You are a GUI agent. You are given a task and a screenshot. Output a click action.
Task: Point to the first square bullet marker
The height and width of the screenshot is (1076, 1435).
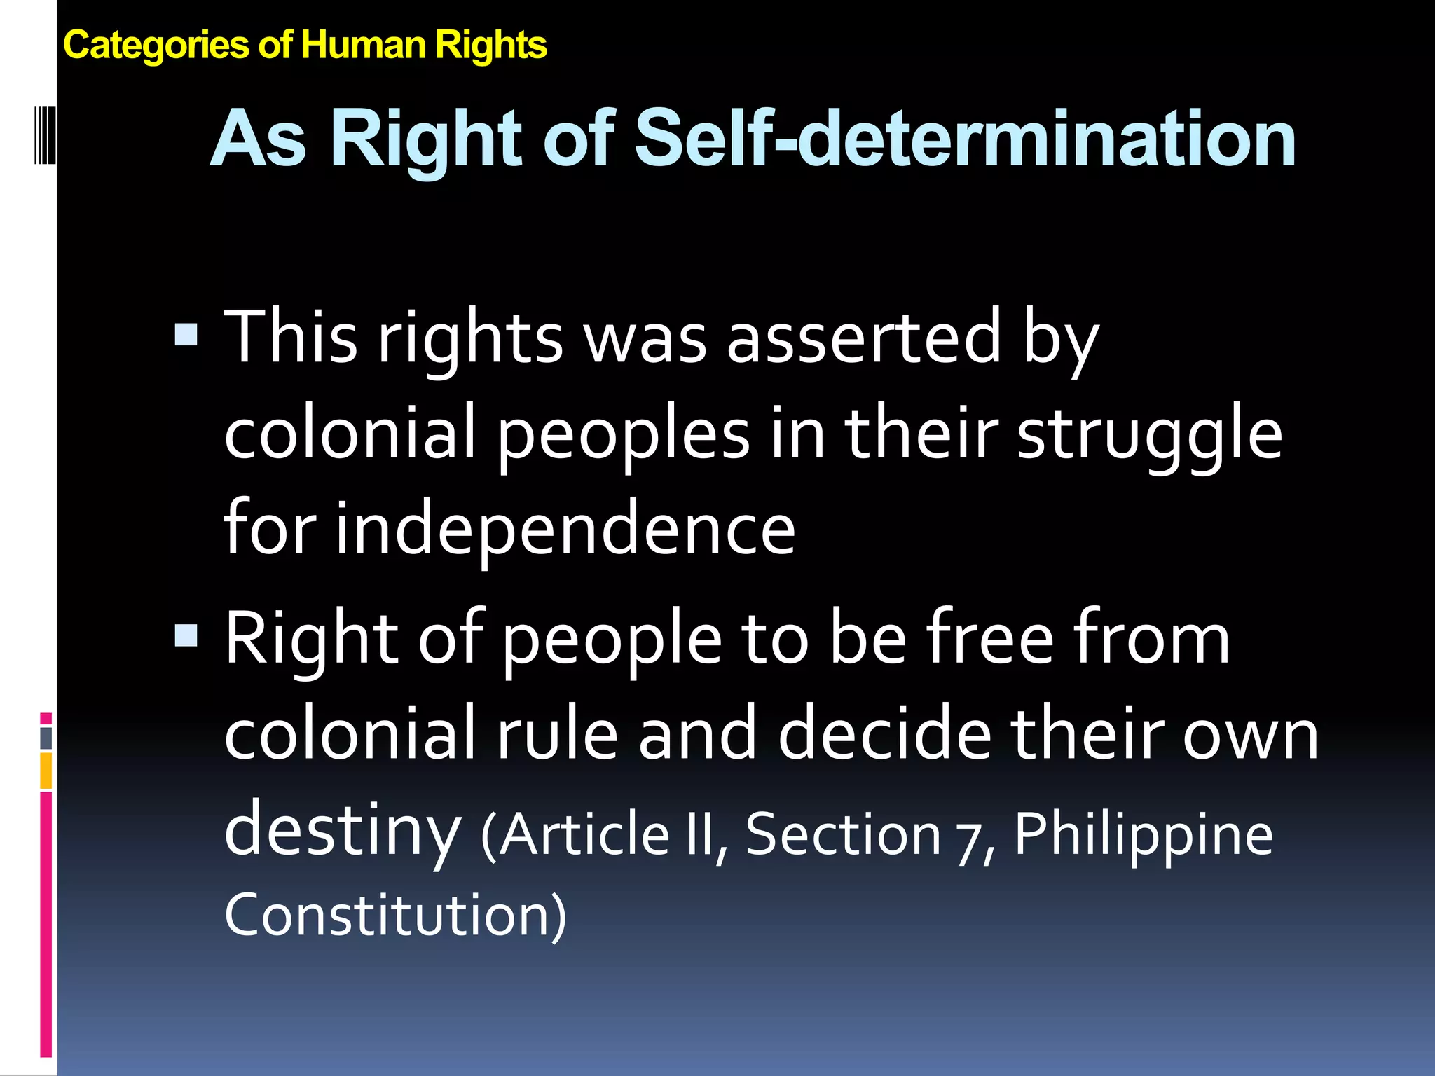[x=186, y=334]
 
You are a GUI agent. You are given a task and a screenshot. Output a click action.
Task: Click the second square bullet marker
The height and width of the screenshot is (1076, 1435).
[x=186, y=635]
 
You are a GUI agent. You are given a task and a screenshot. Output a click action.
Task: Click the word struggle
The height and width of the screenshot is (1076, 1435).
[x=1149, y=434]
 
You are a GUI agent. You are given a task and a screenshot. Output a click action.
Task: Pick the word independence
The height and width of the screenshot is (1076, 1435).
[x=565, y=528]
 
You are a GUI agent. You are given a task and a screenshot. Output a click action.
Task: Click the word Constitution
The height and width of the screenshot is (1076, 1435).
[x=394, y=915]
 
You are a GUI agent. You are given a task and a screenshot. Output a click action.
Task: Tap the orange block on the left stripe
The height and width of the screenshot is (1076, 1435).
[x=46, y=771]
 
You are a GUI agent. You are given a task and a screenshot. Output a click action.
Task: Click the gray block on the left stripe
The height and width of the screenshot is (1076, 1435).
[x=46, y=738]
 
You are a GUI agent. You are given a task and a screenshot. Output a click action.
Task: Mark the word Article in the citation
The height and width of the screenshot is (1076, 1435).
[x=584, y=834]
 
